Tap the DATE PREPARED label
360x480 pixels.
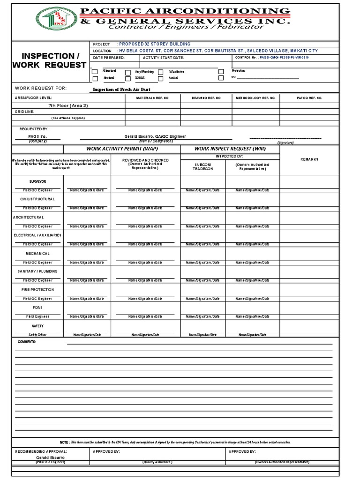[109, 58]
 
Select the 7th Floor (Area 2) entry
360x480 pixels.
[68, 105]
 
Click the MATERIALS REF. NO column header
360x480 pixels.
[152, 98]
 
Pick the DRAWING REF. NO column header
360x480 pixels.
[206, 98]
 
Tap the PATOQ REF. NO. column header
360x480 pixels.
[309, 98]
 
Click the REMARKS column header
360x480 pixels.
[310, 159]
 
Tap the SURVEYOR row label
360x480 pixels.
[38, 181]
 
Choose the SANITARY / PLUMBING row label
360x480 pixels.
[38, 271]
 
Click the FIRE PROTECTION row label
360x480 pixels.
[38, 290]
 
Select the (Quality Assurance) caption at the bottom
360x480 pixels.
[157, 462]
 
